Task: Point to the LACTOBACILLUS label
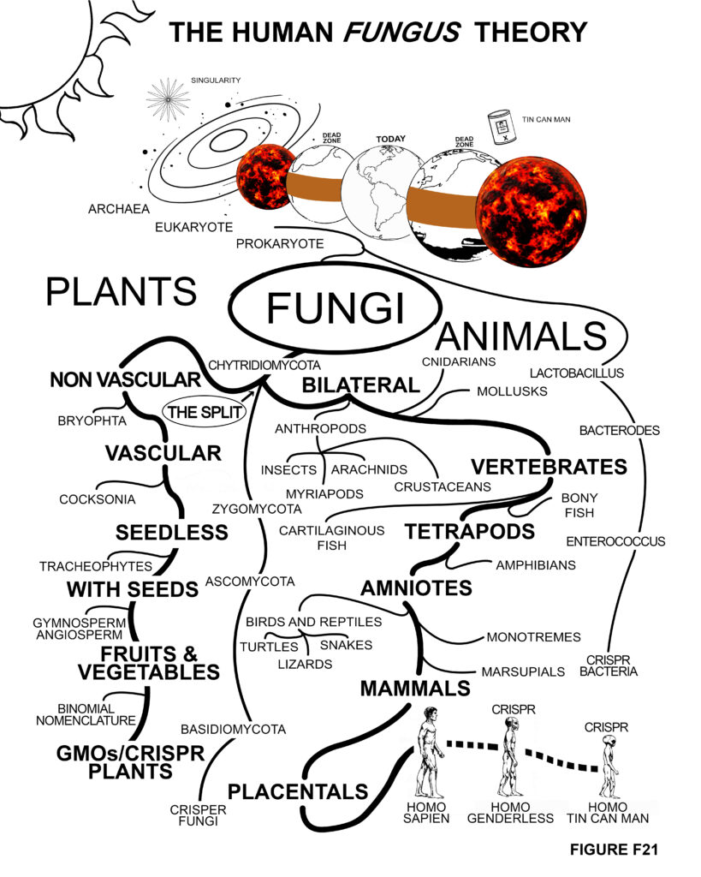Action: tap(576, 373)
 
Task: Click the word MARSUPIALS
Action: tap(523, 671)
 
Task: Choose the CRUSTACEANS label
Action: tap(443, 486)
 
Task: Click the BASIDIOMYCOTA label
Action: tap(233, 730)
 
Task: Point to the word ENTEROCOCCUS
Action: tap(615, 541)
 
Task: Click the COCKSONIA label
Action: tap(95, 499)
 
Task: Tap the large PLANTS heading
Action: tap(122, 291)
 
